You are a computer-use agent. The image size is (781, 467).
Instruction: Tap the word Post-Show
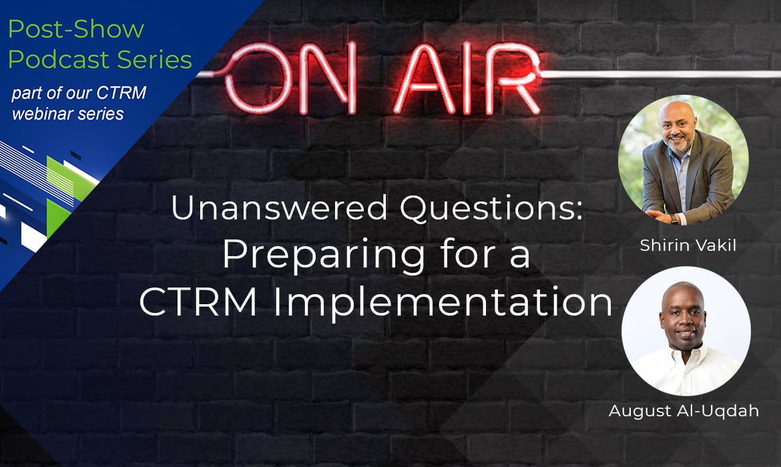(76, 29)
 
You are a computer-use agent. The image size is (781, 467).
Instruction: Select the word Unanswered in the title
(280, 207)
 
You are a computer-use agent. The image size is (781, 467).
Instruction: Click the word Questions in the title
(491, 209)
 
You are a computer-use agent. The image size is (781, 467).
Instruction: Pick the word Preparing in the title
(323, 256)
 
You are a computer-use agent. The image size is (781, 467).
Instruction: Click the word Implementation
(443, 302)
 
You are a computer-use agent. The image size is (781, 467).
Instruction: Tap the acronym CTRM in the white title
(198, 302)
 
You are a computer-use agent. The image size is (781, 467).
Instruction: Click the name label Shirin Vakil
(688, 245)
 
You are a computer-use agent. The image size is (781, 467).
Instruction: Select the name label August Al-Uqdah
(684, 411)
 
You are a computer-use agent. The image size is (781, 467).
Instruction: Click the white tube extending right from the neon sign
(662, 74)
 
